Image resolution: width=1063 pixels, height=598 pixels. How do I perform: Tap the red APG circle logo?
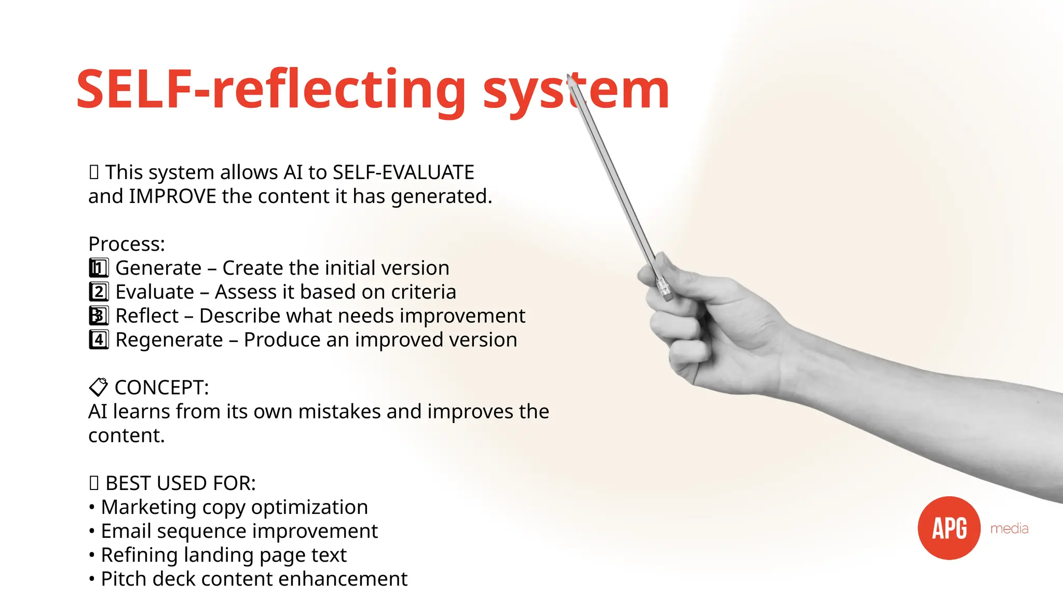point(949,528)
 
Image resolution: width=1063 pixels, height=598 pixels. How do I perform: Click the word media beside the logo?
point(1009,528)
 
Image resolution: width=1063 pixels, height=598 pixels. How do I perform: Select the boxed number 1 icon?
point(99,268)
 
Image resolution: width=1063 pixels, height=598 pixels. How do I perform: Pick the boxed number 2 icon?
point(99,292)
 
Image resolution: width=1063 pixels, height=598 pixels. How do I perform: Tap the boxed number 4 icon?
point(99,340)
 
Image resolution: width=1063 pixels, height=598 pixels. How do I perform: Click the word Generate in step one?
point(158,268)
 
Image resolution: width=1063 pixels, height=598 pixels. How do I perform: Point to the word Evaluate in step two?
point(155,292)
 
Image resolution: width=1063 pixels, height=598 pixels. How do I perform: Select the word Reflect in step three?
point(147,316)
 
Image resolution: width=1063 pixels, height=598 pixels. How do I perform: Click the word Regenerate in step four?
point(169,340)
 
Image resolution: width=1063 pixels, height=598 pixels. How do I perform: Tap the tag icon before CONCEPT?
point(98,387)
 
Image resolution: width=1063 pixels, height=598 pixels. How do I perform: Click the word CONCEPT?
point(161,388)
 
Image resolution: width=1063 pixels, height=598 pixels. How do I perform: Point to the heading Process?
point(127,244)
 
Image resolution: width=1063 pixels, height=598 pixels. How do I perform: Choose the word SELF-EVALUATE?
point(403,172)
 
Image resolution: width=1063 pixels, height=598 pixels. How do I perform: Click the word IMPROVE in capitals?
point(172,196)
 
